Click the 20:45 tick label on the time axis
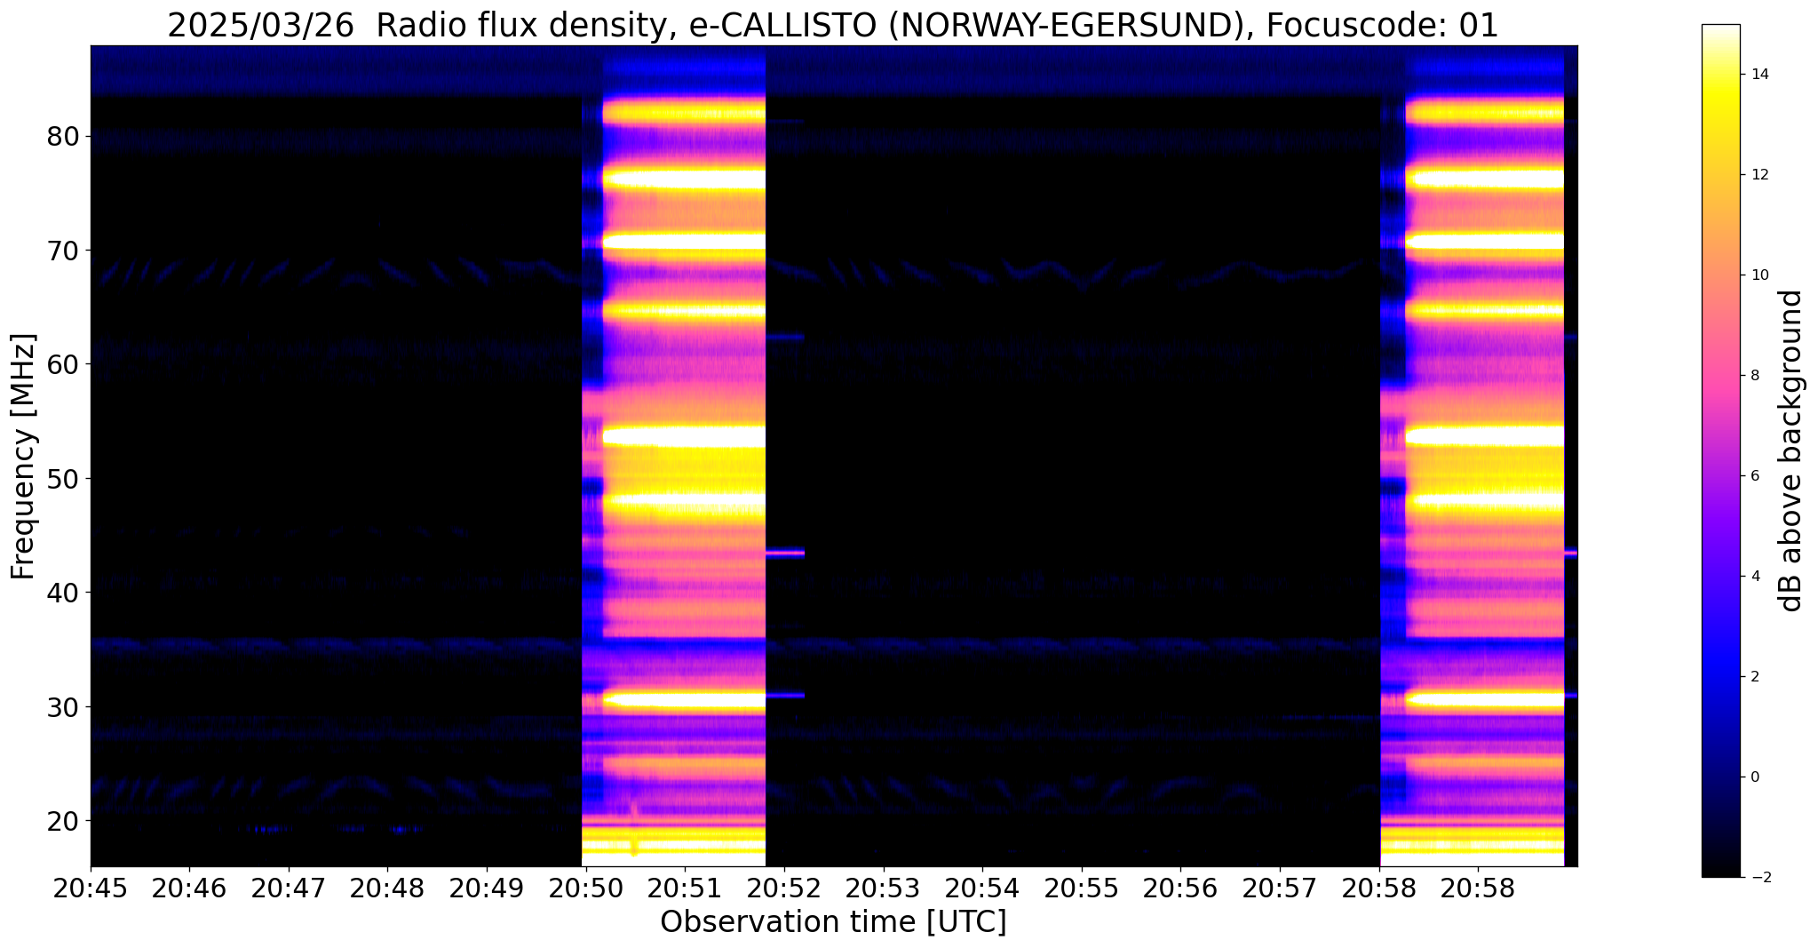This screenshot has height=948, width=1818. pos(91,889)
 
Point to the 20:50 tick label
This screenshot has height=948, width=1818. pos(585,889)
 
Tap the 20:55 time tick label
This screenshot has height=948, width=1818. pos(1081,889)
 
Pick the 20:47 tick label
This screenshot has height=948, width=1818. pos(289,889)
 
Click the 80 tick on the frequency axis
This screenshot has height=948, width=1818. pos(64,137)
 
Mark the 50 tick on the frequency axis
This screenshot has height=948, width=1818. pos(64,479)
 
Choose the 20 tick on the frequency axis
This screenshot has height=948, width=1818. pos(64,820)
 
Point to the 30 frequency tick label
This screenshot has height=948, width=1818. pos(64,707)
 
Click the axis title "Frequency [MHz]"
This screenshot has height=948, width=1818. pos(24,456)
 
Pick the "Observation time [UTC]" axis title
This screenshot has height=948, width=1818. pos(833,922)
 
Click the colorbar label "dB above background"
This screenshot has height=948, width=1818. pos(1792,450)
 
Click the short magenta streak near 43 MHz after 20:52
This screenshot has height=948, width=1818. pos(785,553)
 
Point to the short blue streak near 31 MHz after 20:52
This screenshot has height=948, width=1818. pos(785,695)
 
